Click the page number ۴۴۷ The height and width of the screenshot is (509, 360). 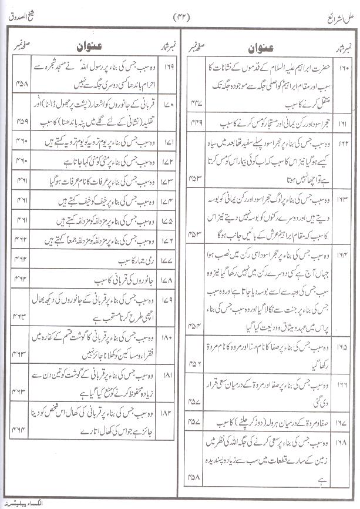pos(197,102)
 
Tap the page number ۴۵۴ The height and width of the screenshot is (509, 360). pos(197,327)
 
